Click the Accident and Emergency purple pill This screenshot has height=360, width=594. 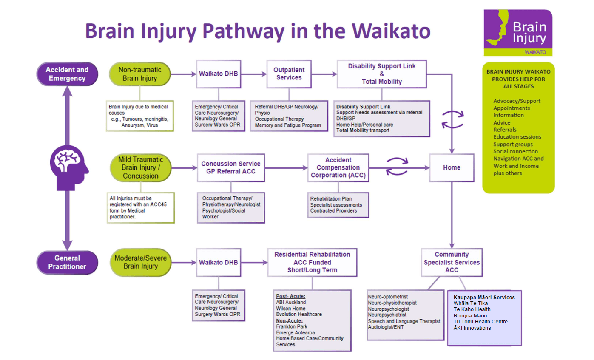point(67,74)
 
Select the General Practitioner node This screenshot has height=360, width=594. point(67,262)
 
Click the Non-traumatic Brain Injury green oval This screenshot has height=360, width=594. point(140,74)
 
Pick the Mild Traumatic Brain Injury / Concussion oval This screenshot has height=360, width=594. point(141,167)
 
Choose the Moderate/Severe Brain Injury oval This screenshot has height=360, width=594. point(141,262)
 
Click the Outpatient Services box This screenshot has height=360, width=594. point(289,74)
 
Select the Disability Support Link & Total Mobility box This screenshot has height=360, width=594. point(381,74)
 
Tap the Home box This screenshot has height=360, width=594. point(452,167)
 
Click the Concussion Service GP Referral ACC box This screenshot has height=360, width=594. point(231,167)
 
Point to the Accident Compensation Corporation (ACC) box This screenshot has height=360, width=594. point(338,167)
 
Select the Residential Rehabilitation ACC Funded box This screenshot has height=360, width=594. point(312,262)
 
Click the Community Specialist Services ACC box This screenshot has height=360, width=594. point(452,262)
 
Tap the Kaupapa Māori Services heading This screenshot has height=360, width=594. point(484,298)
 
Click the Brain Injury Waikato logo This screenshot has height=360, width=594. point(518,33)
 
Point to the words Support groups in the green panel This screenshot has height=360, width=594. point(513,144)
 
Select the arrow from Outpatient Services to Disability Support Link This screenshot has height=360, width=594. point(324,74)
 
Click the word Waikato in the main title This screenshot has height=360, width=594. point(391,31)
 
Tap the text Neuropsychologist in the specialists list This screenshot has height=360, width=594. point(388,309)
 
